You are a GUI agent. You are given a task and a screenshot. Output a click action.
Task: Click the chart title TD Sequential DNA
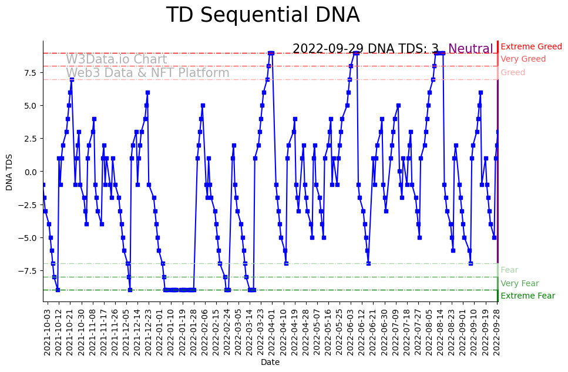click(x=263, y=15)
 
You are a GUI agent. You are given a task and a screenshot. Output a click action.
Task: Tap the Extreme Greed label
click(x=531, y=46)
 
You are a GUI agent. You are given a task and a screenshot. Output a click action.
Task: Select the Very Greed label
click(x=523, y=59)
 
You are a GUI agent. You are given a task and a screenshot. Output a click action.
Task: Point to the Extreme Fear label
click(x=527, y=296)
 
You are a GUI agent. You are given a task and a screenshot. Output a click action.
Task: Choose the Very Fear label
click(x=519, y=283)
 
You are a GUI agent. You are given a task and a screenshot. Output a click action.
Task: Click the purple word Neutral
click(x=470, y=49)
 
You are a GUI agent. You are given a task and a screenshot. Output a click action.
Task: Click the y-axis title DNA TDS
click(x=9, y=171)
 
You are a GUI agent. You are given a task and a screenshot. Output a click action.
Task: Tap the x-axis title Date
click(x=270, y=363)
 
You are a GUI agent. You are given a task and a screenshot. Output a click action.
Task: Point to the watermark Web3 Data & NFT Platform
click(x=147, y=73)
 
